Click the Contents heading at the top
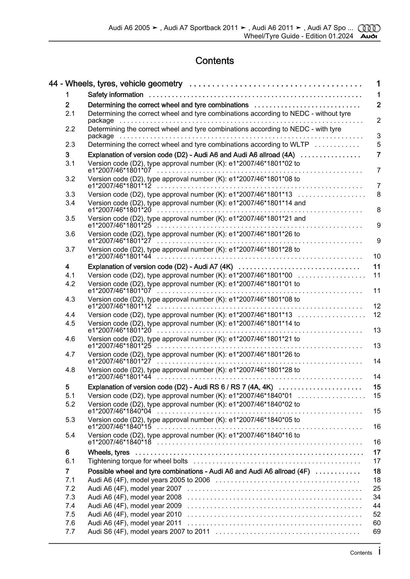coord(215,61)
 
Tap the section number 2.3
coord(70,144)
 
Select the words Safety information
coord(115,95)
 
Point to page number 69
coord(377,531)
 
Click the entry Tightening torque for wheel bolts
coord(138,461)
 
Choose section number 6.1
coord(70,461)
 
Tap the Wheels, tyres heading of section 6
coord(108,452)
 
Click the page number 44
coord(377,506)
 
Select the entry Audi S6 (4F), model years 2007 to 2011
coord(149,531)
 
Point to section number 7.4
coord(70,506)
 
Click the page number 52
coord(377,514)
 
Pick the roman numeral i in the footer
coord(379,552)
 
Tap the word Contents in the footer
coord(361,553)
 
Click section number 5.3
coord(70,420)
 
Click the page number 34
coord(377,497)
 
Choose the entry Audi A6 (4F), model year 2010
coord(135,514)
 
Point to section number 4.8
coord(70,370)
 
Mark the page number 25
coord(377,489)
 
